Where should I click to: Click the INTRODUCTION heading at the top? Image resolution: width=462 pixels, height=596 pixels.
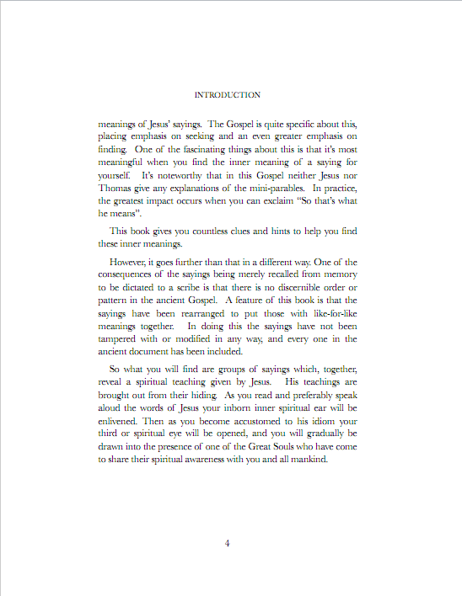pos(227,95)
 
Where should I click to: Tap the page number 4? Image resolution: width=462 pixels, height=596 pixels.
pos(228,543)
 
